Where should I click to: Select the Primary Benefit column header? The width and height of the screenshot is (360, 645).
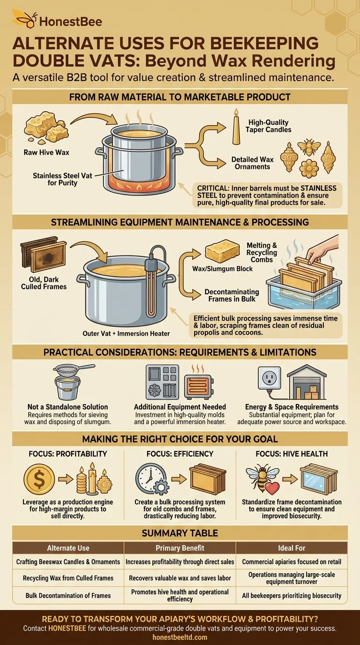(x=180, y=547)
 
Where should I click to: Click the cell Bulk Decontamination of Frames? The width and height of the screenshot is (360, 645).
(x=68, y=595)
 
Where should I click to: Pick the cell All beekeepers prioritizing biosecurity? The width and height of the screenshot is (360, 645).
(x=292, y=595)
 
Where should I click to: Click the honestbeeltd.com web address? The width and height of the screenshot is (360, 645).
(x=180, y=637)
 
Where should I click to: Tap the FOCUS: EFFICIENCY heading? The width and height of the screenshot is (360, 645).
(x=180, y=453)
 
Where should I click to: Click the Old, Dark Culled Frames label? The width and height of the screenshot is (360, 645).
(x=44, y=283)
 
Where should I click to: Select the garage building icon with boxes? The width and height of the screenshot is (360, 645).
(x=306, y=382)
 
